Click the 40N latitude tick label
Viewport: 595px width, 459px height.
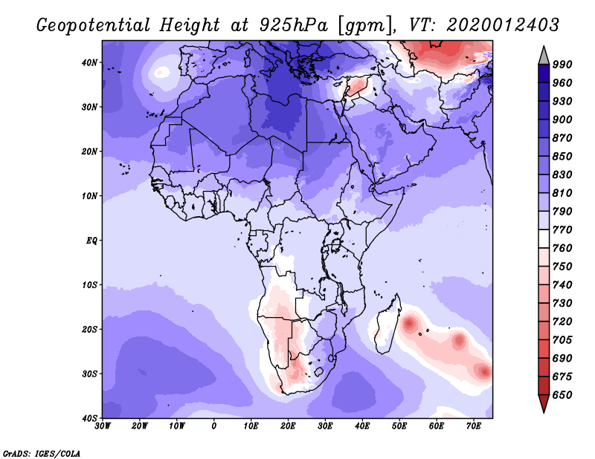pyautogui.click(x=89, y=62)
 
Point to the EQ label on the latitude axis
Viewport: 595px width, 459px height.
pyautogui.click(x=91, y=241)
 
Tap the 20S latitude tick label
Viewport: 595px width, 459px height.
pyautogui.click(x=89, y=329)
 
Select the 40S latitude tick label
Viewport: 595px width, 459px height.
pyautogui.click(x=89, y=418)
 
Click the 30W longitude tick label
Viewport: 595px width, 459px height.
pyautogui.click(x=103, y=426)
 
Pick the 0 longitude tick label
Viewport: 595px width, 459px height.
pyautogui.click(x=214, y=426)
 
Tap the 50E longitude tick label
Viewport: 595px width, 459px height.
pyautogui.click(x=399, y=426)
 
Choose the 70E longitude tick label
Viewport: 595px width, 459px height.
pyautogui.click(x=474, y=426)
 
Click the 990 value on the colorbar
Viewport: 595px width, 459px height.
pyautogui.click(x=562, y=65)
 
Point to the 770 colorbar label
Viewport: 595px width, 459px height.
pyautogui.click(x=562, y=229)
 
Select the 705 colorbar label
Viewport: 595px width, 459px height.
pyautogui.click(x=562, y=339)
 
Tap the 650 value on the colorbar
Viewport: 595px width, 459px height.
pyautogui.click(x=562, y=395)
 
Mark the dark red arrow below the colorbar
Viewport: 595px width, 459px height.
pyautogui.click(x=544, y=403)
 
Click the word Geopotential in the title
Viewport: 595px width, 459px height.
pyautogui.click(x=94, y=26)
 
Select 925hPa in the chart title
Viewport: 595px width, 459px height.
pyautogui.click(x=294, y=25)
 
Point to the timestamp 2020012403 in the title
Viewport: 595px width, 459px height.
pyautogui.click(x=503, y=25)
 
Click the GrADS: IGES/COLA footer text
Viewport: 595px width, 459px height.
pyautogui.click(x=42, y=454)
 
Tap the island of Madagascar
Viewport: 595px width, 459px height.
pyautogui.click(x=387, y=325)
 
